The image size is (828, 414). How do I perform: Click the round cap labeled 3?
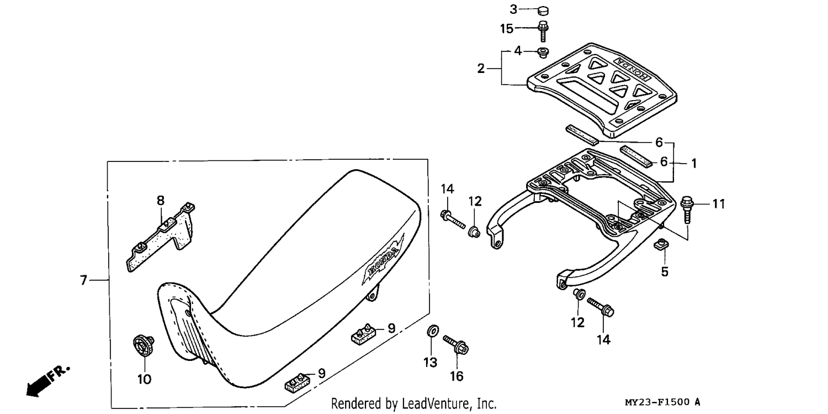543,11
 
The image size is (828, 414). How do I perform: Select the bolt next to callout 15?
543,32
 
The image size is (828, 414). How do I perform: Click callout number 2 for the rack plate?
481,69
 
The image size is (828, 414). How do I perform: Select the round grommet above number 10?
144,345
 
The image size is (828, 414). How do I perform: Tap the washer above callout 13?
433,331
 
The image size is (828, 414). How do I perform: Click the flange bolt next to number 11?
687,209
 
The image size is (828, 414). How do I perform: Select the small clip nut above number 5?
661,244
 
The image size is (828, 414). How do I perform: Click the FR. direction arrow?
48,381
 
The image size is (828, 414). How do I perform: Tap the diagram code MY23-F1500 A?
662,402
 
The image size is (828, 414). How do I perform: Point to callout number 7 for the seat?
83,280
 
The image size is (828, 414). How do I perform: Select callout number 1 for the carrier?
694,163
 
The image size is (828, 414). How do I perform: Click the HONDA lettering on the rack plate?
631,69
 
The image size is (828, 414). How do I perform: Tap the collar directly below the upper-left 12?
474,232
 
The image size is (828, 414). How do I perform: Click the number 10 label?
144,379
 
